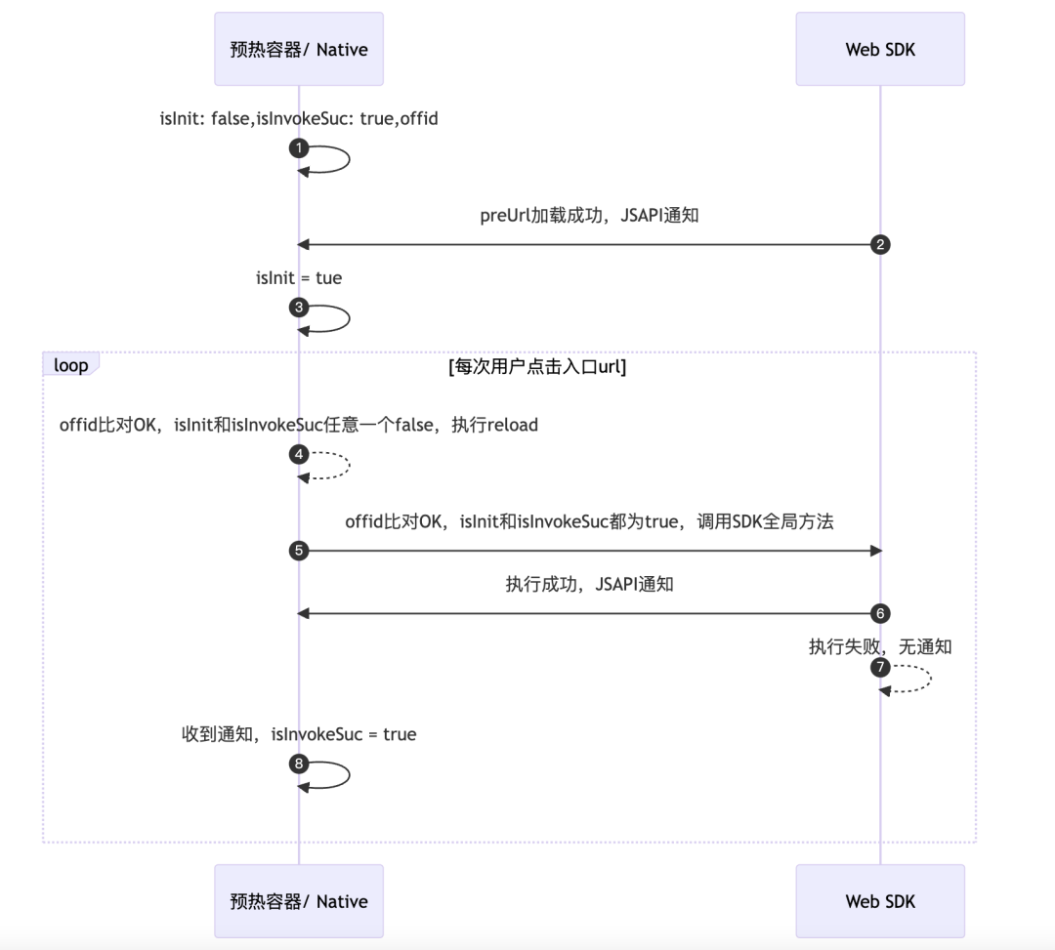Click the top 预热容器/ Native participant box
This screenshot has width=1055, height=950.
pyautogui.click(x=299, y=49)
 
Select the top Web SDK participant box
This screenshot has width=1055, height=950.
pyautogui.click(x=880, y=49)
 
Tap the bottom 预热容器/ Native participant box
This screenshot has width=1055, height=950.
pyautogui.click(x=299, y=900)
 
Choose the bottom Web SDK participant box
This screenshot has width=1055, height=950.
pyautogui.click(x=880, y=900)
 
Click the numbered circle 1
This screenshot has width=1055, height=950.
pyautogui.click(x=299, y=148)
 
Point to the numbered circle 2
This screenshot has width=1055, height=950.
pyautogui.click(x=880, y=244)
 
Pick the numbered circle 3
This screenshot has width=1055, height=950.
pyautogui.click(x=299, y=308)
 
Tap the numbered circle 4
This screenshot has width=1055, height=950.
pyautogui.click(x=299, y=454)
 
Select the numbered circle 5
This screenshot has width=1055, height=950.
pyautogui.click(x=299, y=551)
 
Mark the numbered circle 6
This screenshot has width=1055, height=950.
pyautogui.click(x=880, y=613)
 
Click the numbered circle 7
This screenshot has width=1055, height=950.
pyautogui.click(x=880, y=668)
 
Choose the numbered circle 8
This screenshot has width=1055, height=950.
pyautogui.click(x=299, y=764)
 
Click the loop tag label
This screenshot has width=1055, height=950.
pyautogui.click(x=71, y=365)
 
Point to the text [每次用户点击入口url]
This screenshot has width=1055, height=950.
pyautogui.click(x=537, y=367)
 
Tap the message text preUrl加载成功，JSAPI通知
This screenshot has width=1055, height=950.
pyautogui.click(x=589, y=215)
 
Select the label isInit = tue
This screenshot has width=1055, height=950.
pyautogui.click(x=299, y=278)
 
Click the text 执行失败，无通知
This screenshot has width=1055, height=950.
pyautogui.click(x=880, y=646)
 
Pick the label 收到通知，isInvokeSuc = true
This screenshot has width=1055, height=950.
pyautogui.click(x=299, y=734)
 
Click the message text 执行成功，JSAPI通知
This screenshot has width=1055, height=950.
pyautogui.click(x=589, y=585)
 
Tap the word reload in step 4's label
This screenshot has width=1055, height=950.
pyautogui.click(x=513, y=425)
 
